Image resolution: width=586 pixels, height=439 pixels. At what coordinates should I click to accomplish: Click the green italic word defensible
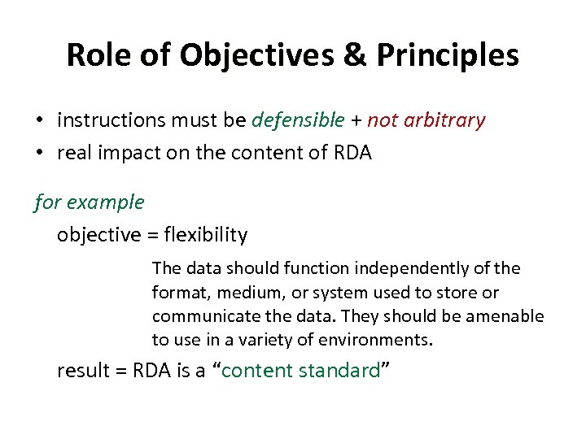[x=298, y=121]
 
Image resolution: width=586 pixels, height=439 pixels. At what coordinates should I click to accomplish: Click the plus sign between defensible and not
[x=356, y=121]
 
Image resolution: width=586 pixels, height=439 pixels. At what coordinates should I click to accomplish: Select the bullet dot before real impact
[x=39, y=154]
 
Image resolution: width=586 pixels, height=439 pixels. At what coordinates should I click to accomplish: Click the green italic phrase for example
[x=89, y=202]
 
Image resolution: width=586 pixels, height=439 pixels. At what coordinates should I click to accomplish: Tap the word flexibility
[x=206, y=235]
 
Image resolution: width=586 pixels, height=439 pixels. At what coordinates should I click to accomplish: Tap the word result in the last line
[x=80, y=372]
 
